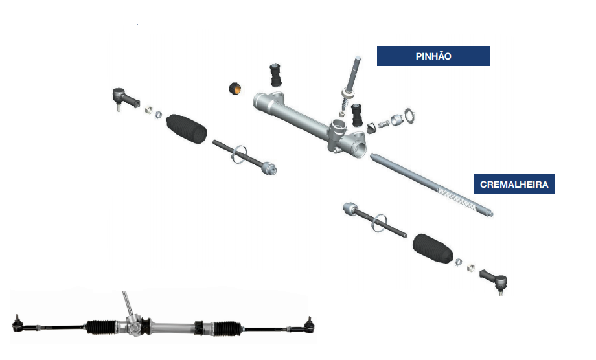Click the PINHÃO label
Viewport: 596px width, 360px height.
[433, 56]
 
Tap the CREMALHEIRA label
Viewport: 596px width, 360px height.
[514, 184]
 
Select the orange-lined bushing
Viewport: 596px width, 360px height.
[235, 89]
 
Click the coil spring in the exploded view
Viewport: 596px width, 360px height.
[384, 124]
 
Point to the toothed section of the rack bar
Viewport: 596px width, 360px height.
[457, 198]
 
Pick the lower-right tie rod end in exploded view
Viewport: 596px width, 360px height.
[494, 280]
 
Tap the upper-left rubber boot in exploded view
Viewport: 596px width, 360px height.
[187, 128]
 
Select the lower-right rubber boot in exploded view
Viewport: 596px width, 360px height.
[433, 249]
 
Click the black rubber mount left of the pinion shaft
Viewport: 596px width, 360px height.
[275, 75]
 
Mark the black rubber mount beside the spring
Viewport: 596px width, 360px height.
[356, 115]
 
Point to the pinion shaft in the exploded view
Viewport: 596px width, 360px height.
[351, 84]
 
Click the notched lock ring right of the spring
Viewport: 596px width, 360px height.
[409, 116]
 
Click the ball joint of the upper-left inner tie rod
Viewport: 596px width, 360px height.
[268, 168]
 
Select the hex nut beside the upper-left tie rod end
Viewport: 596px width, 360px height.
[148, 109]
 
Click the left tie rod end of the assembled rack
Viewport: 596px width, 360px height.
[17, 324]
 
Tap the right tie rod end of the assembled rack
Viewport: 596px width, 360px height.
[310, 326]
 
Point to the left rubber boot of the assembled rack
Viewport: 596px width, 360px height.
[100, 327]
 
